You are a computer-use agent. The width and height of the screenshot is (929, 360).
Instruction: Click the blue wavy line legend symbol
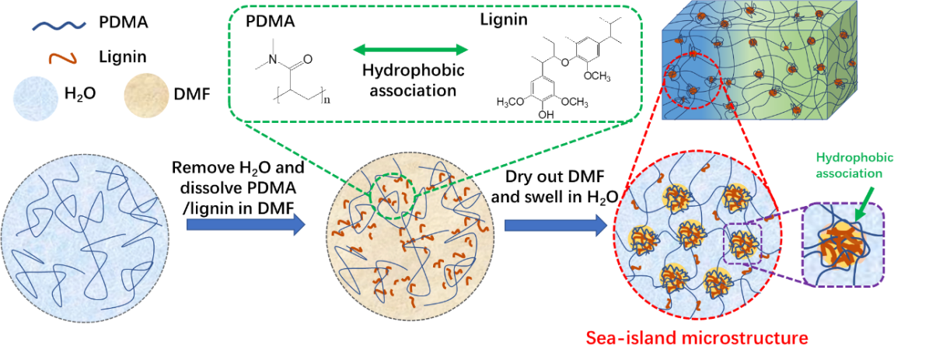click(x=59, y=26)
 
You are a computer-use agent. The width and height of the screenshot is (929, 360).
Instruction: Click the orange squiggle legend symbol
click(x=62, y=58)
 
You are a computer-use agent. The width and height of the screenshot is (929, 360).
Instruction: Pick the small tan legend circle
click(x=146, y=96)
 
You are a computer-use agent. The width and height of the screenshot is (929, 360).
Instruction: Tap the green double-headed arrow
click(x=410, y=50)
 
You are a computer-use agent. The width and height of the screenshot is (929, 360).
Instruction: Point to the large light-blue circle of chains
click(x=85, y=233)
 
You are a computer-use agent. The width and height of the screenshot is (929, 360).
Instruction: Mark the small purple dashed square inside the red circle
click(x=742, y=243)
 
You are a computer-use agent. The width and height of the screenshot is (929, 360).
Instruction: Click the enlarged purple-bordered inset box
click(x=843, y=245)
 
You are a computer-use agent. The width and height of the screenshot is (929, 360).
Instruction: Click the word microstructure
click(x=746, y=339)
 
